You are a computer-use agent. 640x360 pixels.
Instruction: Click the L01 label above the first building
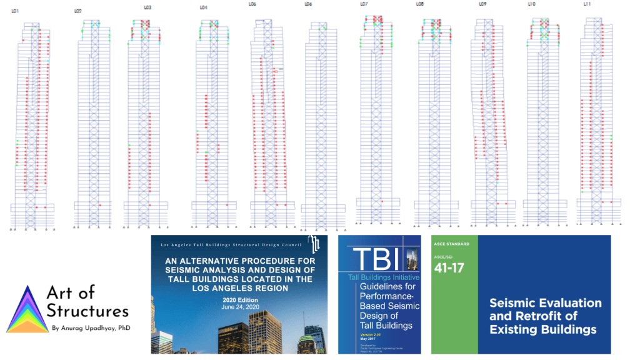pyautogui.click(x=15, y=11)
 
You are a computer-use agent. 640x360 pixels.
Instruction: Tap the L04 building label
pyautogui.click(x=203, y=7)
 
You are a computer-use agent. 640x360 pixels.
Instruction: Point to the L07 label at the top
pyautogui.click(x=364, y=4)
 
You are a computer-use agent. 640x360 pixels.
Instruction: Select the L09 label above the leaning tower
pyautogui.click(x=482, y=4)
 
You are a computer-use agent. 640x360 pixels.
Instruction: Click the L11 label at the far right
pyautogui.click(x=587, y=4)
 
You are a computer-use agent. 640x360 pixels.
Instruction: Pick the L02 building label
pyautogui.click(x=77, y=11)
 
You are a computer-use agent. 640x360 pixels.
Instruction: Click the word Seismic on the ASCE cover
pyautogui.click(x=516, y=303)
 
